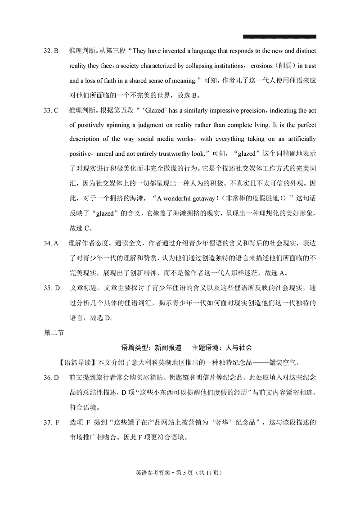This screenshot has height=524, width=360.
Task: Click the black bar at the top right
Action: (x=279, y=36)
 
